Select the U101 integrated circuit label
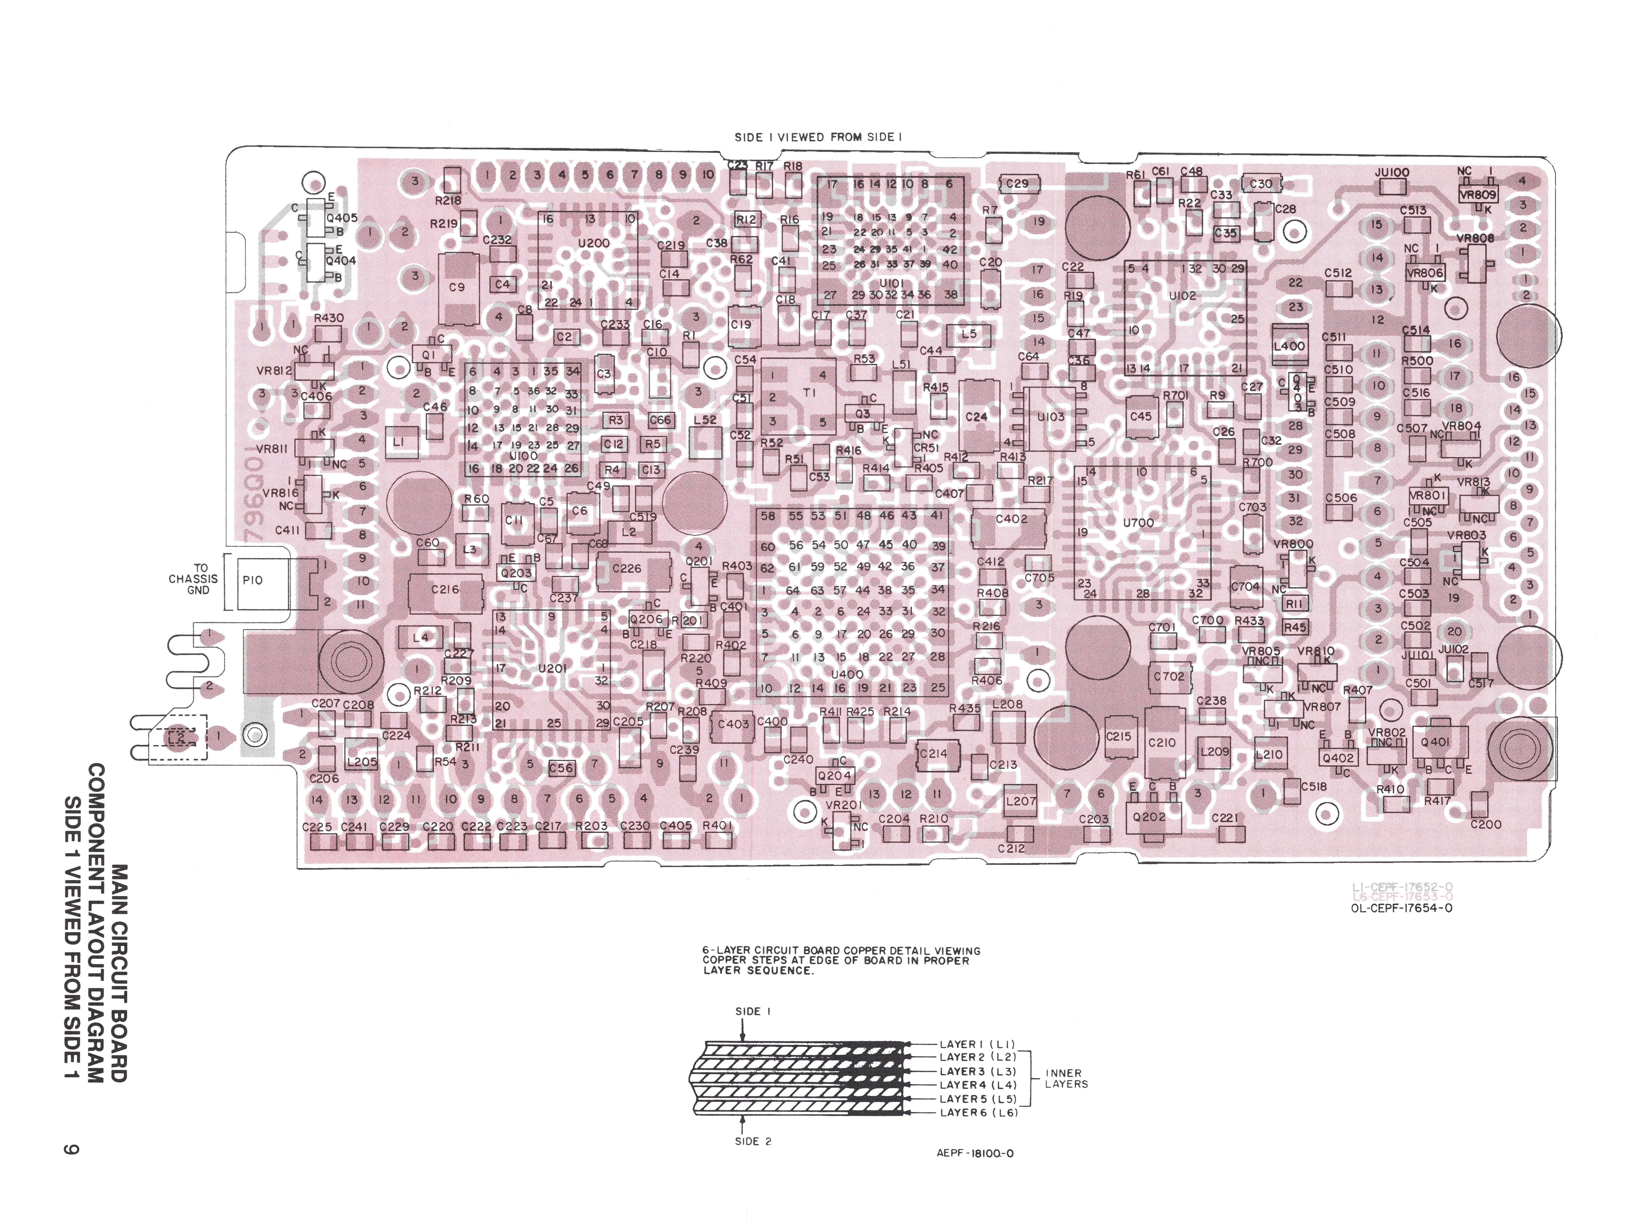coord(892,283)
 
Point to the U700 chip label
coord(1138,523)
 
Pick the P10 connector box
coord(253,581)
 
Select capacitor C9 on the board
coord(457,287)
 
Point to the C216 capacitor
coord(445,590)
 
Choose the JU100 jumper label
coord(1392,173)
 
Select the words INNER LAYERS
coord(1065,1079)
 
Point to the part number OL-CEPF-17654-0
coord(1402,908)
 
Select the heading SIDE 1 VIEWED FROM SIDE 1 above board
coord(818,137)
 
